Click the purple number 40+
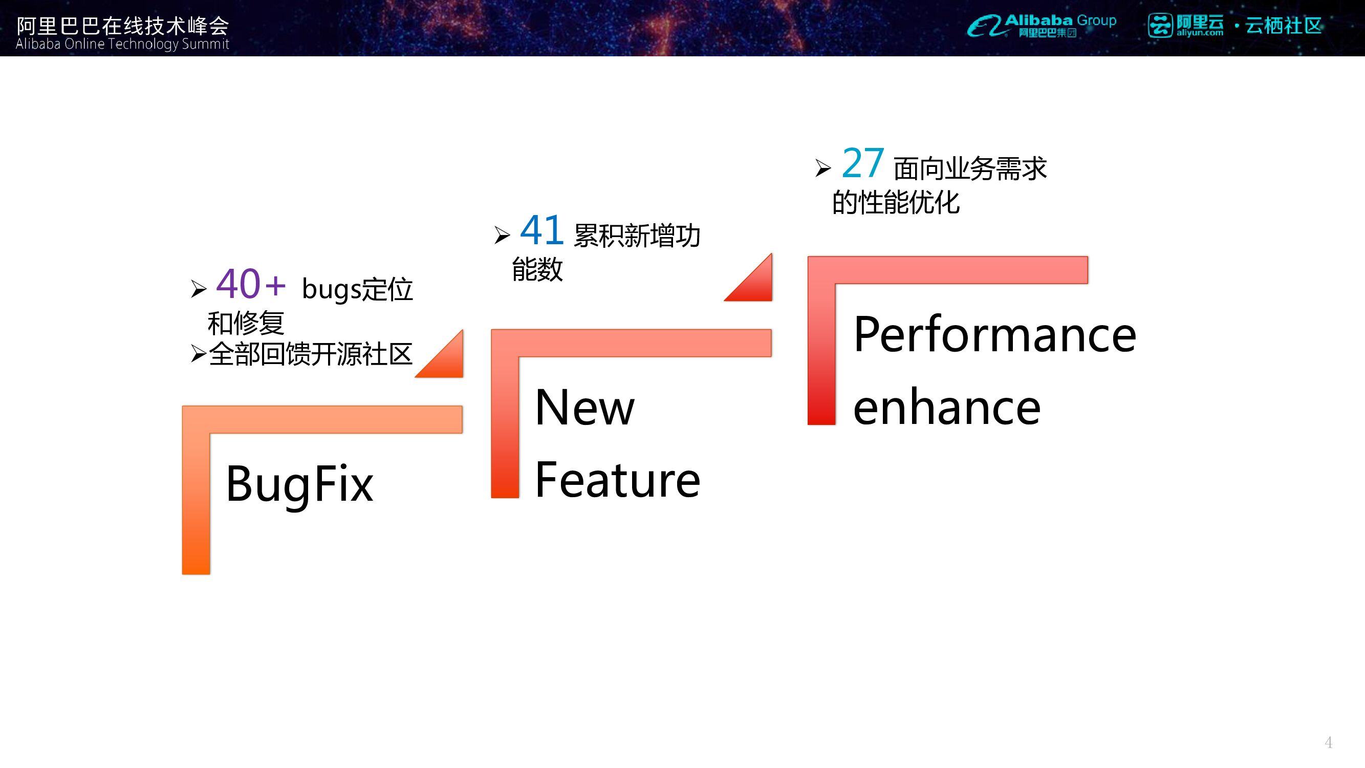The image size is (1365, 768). (250, 284)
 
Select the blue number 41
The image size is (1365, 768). (541, 230)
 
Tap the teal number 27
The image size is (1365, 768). (862, 163)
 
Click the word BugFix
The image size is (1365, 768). (299, 484)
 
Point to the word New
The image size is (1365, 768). (584, 408)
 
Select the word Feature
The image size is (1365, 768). (617, 480)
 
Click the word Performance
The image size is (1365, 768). (994, 334)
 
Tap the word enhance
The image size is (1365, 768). (946, 408)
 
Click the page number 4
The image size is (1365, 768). (1328, 742)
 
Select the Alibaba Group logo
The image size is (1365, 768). (1041, 26)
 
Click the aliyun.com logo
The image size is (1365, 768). (1186, 26)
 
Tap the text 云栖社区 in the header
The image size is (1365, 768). (1284, 26)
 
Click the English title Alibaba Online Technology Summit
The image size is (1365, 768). (122, 44)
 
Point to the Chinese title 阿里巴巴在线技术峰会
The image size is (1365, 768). (122, 25)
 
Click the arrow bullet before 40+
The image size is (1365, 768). (199, 289)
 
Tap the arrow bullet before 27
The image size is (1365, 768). (823, 168)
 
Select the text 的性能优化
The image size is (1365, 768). (896, 202)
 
